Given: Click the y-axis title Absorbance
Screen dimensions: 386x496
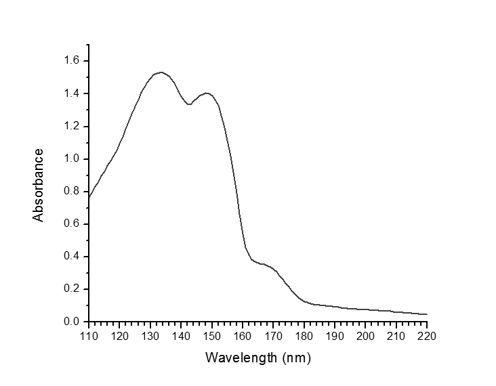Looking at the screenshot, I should pyautogui.click(x=39, y=185).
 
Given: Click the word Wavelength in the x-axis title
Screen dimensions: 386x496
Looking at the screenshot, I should pyautogui.click(x=239, y=356).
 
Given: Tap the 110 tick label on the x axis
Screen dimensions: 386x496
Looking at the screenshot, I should pyautogui.click(x=89, y=335).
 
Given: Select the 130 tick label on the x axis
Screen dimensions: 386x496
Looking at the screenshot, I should pyautogui.click(x=150, y=335).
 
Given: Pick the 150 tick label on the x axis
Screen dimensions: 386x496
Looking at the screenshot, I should pyautogui.click(x=211, y=335).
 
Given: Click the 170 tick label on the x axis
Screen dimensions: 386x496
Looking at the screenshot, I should pyautogui.click(x=273, y=335).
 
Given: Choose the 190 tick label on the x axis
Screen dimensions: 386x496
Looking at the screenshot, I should pyautogui.click(x=335, y=335).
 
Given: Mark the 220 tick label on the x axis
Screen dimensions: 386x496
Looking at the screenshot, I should pyautogui.click(x=427, y=335).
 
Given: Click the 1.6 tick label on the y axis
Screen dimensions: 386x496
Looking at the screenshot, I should pyautogui.click(x=72, y=61).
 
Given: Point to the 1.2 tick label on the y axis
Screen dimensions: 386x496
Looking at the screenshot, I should pyautogui.click(x=72, y=127).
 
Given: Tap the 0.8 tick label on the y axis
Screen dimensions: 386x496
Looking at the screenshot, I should pyautogui.click(x=72, y=192).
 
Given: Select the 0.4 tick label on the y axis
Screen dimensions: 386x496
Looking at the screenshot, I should pyautogui.click(x=72, y=257).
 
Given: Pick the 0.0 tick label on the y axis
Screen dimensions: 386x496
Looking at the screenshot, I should pyautogui.click(x=72, y=322).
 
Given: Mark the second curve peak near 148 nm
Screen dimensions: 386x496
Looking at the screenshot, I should pyautogui.click(x=206, y=93).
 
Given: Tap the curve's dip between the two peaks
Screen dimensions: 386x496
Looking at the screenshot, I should pyautogui.click(x=189, y=104).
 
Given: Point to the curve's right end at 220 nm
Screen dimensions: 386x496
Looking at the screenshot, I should pyautogui.click(x=427, y=314).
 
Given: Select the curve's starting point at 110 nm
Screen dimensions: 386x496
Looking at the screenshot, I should pyautogui.click(x=89, y=198).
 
